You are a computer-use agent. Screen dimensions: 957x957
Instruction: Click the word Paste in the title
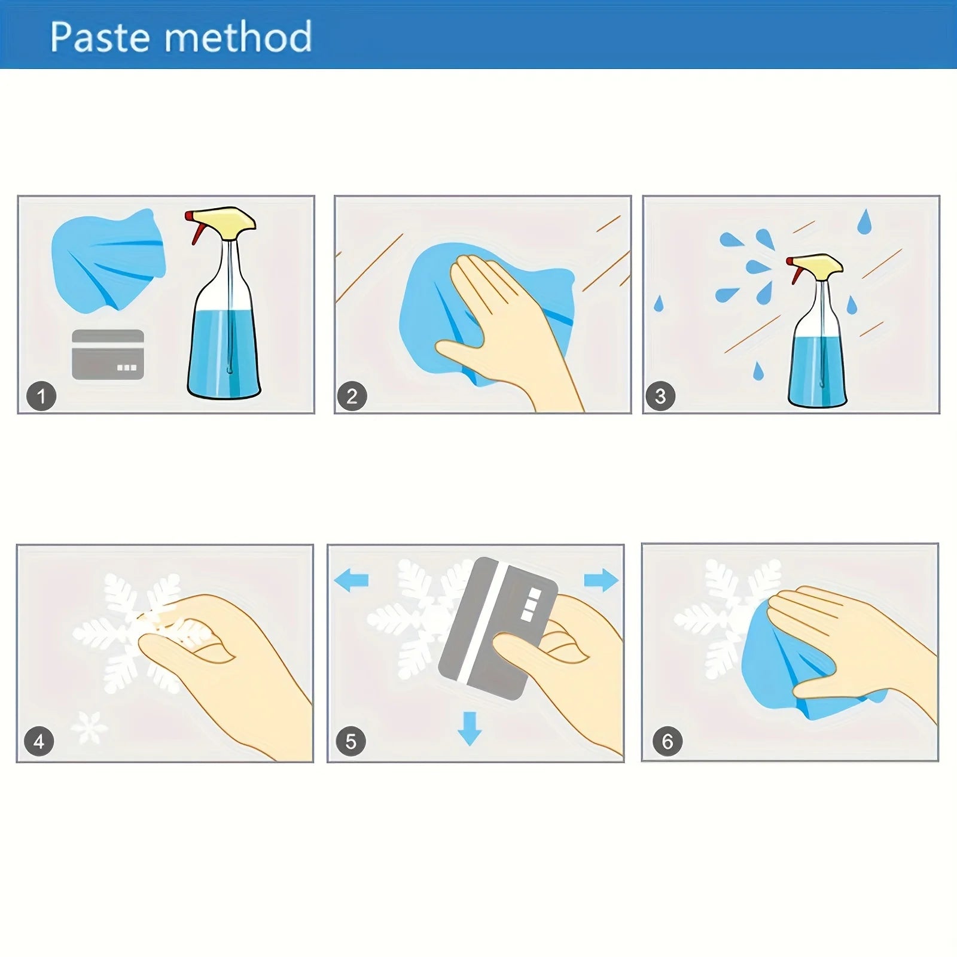(x=99, y=37)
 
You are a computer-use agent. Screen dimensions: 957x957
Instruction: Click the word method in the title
(x=238, y=36)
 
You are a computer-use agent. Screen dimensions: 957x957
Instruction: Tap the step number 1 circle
(x=41, y=396)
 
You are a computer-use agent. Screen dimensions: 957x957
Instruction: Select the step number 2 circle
(x=352, y=396)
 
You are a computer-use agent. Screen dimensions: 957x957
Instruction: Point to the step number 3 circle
(x=660, y=396)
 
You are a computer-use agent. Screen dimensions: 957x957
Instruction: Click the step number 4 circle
(x=39, y=742)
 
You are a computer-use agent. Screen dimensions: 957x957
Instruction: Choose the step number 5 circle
(x=351, y=742)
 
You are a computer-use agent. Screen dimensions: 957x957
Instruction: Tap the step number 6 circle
(x=668, y=742)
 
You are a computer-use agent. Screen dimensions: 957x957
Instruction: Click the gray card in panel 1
(x=108, y=355)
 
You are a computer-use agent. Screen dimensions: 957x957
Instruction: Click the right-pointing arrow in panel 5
(x=601, y=580)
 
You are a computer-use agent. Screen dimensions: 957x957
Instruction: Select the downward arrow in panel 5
(x=470, y=729)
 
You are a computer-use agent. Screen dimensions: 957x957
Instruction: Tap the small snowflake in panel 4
(x=90, y=728)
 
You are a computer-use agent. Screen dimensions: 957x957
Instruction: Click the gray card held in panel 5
(x=498, y=628)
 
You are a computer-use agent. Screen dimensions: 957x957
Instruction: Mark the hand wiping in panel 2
(x=508, y=329)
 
